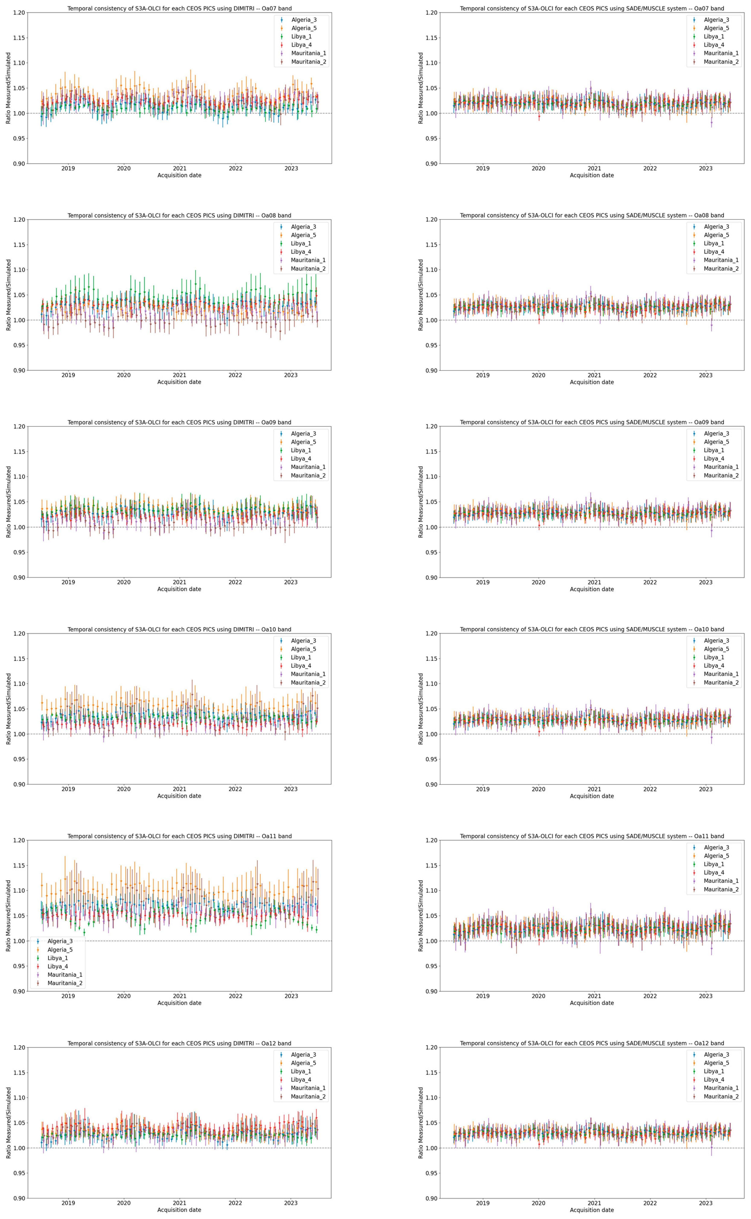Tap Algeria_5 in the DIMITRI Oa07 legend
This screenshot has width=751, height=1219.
tap(303, 28)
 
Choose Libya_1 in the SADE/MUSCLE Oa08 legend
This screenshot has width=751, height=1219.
tap(714, 243)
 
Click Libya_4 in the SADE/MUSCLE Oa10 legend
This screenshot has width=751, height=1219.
tap(714, 666)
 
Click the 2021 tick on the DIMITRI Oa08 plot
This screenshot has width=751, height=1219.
tap(179, 375)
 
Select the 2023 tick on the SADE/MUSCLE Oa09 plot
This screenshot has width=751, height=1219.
tap(705, 582)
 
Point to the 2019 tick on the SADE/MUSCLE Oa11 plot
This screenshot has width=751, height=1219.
tap(482, 996)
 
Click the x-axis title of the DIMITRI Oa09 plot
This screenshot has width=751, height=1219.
tap(179, 589)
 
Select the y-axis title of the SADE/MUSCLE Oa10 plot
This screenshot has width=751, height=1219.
tap(421, 709)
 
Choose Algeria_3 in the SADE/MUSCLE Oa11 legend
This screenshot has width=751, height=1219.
tap(716, 847)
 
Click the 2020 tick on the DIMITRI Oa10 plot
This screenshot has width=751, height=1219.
tap(124, 789)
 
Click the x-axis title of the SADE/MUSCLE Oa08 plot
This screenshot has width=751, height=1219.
tap(592, 382)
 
